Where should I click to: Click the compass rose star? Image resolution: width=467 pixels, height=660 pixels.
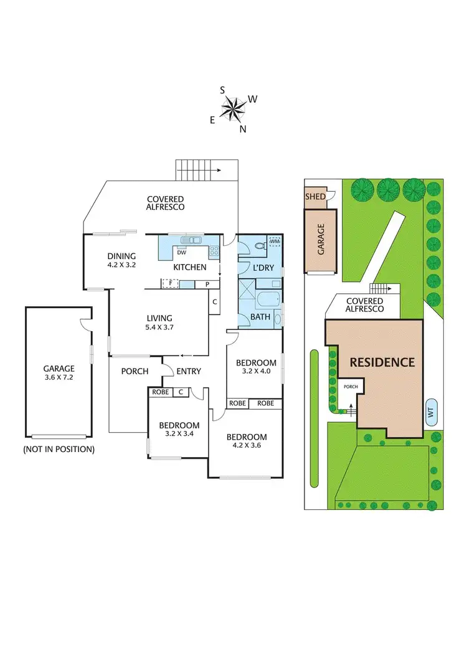coord(234,110)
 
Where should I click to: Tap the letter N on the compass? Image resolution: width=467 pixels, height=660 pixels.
coord(243,130)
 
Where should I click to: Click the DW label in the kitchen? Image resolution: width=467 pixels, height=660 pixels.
coord(182,253)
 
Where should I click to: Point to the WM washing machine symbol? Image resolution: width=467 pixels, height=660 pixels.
coord(275,241)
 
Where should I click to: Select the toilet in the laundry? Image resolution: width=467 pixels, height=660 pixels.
coord(260,247)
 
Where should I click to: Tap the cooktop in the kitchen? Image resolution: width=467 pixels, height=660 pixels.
coord(214,252)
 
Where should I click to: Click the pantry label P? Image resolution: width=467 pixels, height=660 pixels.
coord(206,285)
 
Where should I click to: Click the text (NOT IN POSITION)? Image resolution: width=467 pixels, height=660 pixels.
coord(59,449)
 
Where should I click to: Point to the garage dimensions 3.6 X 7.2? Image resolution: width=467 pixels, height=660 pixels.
coord(59,378)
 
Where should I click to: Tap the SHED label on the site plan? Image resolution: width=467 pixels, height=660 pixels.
coord(314,197)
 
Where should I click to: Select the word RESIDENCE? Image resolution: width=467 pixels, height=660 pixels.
coord(381,362)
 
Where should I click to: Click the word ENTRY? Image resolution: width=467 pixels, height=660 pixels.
coord(189,372)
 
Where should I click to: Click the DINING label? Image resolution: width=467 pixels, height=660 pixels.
coord(121,255)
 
